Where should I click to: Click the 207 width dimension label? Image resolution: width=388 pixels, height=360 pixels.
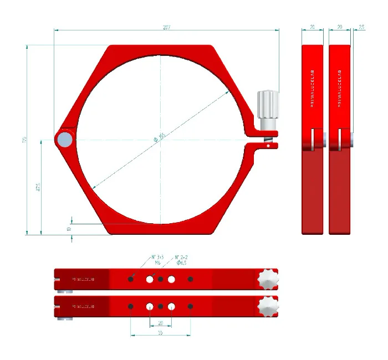(167, 27)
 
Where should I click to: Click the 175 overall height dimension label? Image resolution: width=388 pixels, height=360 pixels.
(24, 140)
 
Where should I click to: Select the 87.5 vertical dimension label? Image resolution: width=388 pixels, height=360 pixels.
(38, 187)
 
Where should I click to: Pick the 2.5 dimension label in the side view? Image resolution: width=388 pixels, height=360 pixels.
(361, 27)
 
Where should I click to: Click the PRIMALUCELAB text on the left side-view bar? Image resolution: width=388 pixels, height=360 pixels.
(312, 89)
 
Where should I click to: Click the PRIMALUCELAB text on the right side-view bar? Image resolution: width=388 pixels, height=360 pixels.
(339, 89)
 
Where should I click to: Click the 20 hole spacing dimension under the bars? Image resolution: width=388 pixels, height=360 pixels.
(161, 322)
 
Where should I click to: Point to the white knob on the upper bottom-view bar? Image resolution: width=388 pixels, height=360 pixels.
(268, 280)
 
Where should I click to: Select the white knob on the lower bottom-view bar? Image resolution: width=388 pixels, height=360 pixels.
(268, 306)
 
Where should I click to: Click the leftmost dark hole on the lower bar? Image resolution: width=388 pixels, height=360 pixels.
(130, 306)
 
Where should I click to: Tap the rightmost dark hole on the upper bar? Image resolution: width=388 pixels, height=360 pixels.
(191, 279)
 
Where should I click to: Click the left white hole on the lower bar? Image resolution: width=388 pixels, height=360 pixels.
(150, 306)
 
